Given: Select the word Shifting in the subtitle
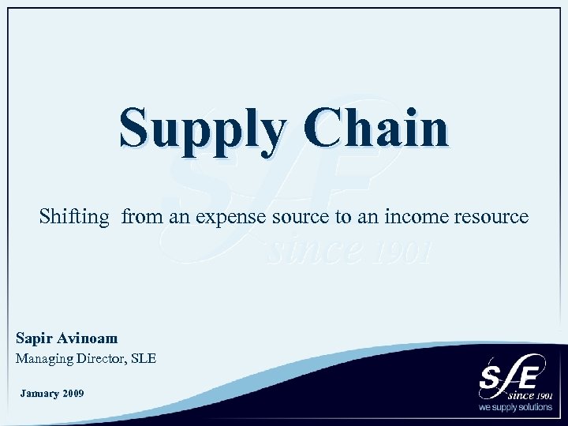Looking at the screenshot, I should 74,216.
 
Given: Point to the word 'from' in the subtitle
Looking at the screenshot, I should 142,216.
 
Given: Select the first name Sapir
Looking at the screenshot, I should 34,338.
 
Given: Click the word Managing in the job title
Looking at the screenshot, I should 43,359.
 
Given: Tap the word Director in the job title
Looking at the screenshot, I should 100,359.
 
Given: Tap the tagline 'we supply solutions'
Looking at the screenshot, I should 515,408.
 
